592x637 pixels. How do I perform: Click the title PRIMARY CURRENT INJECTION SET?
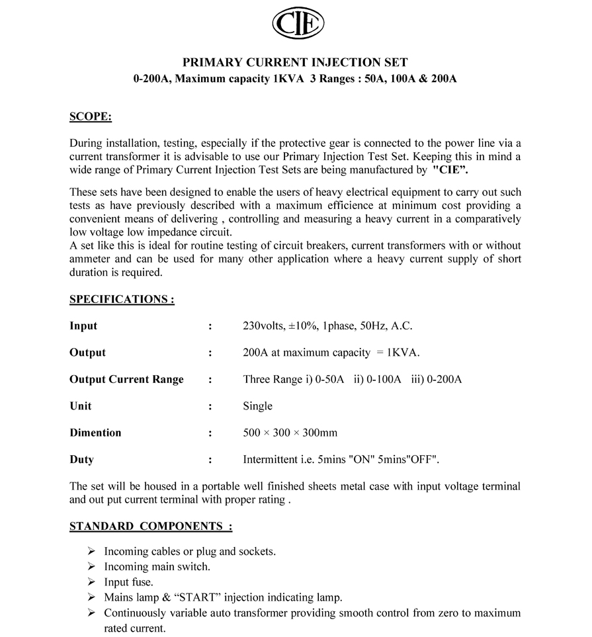[295, 63]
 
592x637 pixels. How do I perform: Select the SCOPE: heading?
[91, 117]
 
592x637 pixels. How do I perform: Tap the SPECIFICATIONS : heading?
[122, 299]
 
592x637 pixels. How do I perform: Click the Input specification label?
[83, 325]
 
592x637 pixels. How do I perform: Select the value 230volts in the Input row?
[264, 325]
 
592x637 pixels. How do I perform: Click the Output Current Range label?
[126, 380]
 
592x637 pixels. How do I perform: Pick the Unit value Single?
[257, 406]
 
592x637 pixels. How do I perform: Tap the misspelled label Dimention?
[95, 433]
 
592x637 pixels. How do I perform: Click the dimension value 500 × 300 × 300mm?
[290, 433]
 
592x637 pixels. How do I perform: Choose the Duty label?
[81, 459]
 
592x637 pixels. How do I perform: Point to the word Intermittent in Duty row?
[271, 459]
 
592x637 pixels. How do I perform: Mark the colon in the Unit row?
[210, 406]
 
